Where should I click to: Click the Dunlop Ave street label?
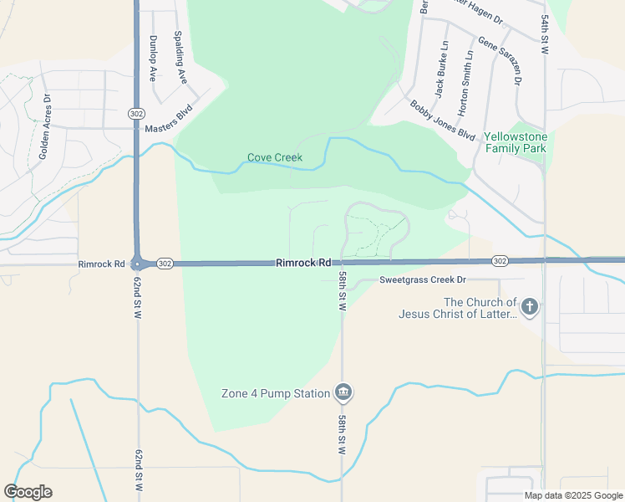click(x=153, y=58)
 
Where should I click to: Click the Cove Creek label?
click(x=274, y=157)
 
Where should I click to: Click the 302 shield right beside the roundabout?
click(x=164, y=264)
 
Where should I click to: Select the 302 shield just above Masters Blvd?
click(x=135, y=113)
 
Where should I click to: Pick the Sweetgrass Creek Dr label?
click(x=422, y=280)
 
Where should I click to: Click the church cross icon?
click(x=530, y=307)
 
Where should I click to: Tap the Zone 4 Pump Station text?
click(x=276, y=393)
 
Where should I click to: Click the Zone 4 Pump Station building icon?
click(x=343, y=392)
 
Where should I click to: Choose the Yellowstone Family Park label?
click(x=516, y=142)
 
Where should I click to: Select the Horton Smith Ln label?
click(x=465, y=81)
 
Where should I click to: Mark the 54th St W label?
click(x=544, y=33)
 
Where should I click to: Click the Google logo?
click(x=28, y=492)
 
